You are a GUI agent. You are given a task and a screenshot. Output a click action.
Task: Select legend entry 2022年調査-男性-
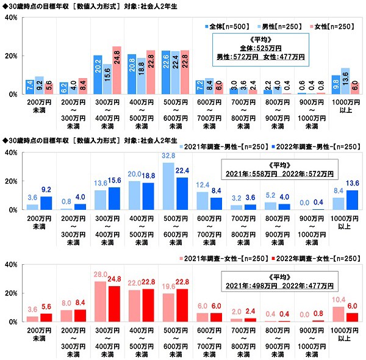tap(311, 147)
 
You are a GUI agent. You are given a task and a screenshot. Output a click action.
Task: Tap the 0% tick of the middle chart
tap(12, 210)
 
